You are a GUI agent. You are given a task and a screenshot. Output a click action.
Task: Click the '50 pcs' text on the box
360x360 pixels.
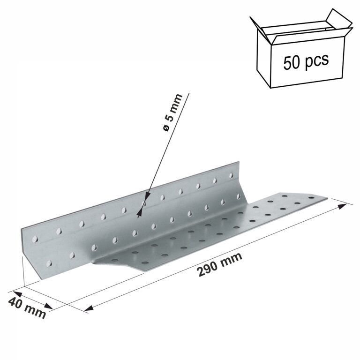pos(306,61)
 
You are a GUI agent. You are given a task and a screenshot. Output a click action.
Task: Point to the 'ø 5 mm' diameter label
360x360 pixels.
pos(172,112)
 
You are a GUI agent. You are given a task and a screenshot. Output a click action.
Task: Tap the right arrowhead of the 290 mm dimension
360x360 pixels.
pos(342,206)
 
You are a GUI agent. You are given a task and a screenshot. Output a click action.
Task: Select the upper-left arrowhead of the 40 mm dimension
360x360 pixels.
pos(17,294)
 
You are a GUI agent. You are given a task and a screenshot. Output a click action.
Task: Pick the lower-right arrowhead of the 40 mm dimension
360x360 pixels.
pos(48,306)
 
